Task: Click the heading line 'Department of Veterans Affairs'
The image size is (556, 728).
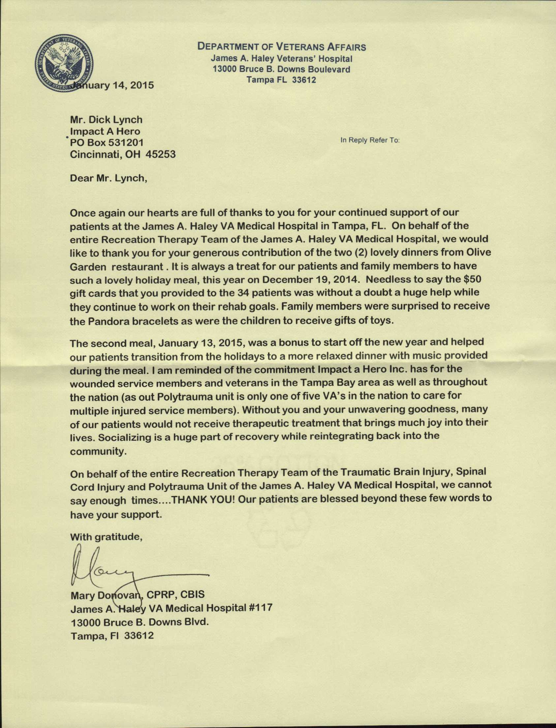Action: (282, 47)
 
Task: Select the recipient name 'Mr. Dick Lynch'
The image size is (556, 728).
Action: (106, 119)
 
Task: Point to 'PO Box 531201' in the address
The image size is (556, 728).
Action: (107, 143)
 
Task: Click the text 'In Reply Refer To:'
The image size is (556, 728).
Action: (370, 140)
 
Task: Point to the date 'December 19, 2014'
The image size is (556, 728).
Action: (310, 280)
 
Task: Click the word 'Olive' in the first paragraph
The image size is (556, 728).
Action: (477, 253)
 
